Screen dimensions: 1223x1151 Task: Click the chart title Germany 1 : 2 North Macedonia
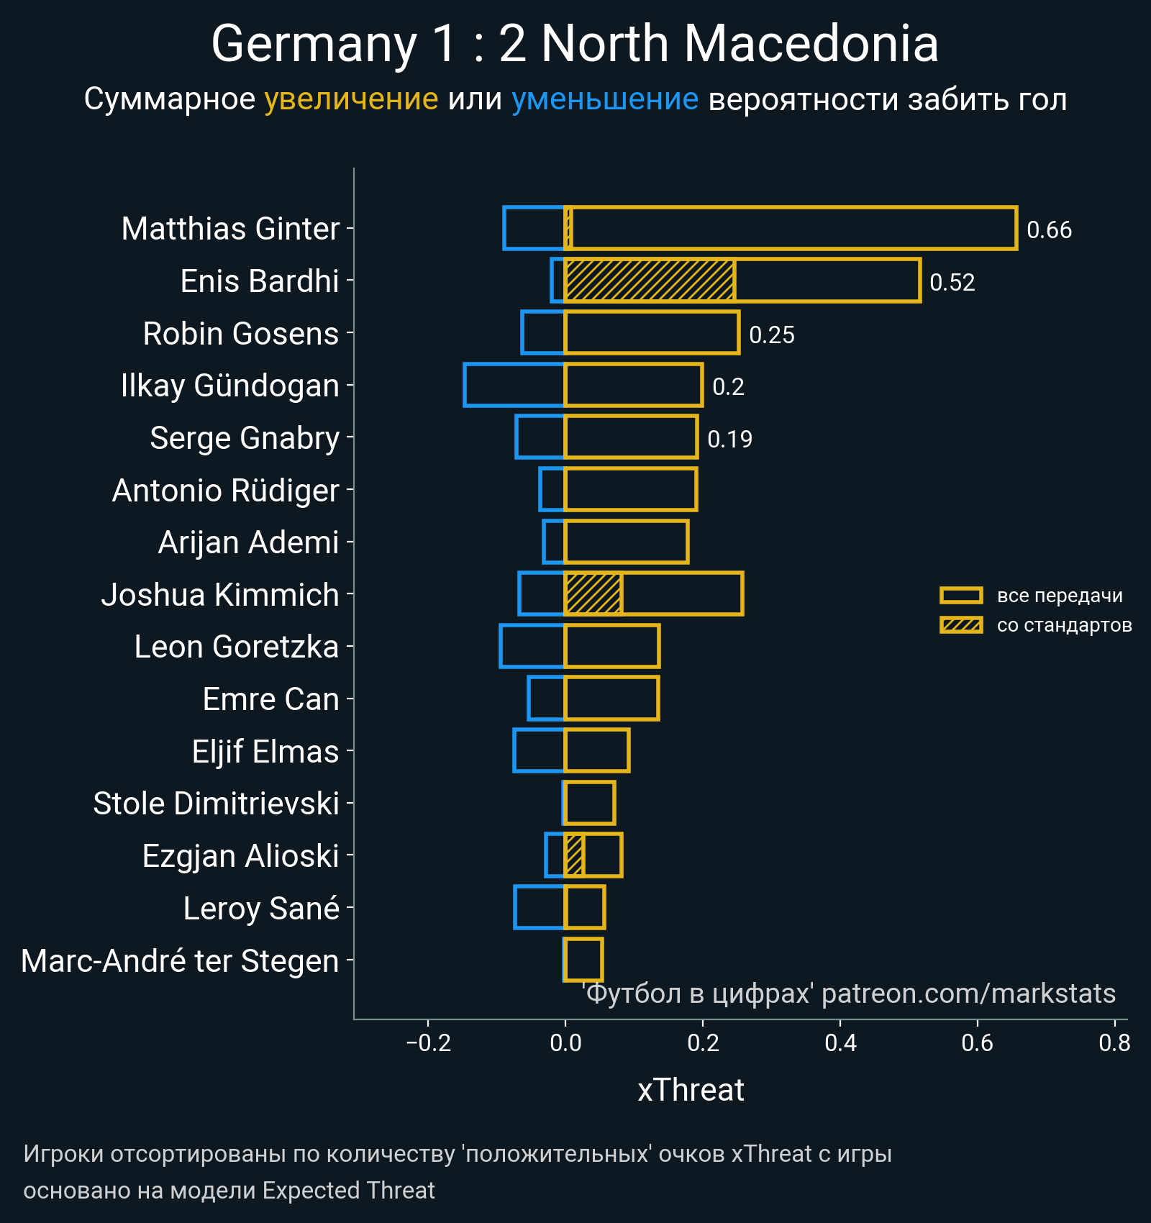click(x=574, y=45)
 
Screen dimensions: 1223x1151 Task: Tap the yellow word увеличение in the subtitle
click(x=351, y=99)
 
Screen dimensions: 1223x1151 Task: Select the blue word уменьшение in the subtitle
click(x=604, y=99)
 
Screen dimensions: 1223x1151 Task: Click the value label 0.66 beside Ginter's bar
click(x=1049, y=230)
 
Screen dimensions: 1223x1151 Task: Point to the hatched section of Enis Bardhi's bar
click(x=650, y=281)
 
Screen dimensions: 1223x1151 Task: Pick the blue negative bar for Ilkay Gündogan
click(x=514, y=386)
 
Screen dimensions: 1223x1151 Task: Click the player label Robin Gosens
click(x=240, y=334)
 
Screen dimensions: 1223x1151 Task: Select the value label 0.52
click(x=952, y=283)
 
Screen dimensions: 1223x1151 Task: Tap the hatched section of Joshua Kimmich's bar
click(x=593, y=594)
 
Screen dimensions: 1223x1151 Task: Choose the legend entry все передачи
click(x=1059, y=596)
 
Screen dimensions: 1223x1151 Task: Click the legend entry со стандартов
click(x=1063, y=625)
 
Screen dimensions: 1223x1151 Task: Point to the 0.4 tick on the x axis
click(x=840, y=1042)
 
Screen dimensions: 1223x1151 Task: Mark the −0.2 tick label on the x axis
click(x=429, y=1042)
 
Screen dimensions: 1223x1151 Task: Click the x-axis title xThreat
click(x=691, y=1090)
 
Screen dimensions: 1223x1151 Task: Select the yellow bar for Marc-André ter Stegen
click(x=583, y=960)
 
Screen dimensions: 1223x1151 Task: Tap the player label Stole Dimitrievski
click(x=216, y=804)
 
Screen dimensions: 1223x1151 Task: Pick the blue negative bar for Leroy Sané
click(x=540, y=908)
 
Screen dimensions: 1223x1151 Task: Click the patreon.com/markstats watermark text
click(x=968, y=994)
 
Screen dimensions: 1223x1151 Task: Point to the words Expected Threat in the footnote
click(x=348, y=1191)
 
